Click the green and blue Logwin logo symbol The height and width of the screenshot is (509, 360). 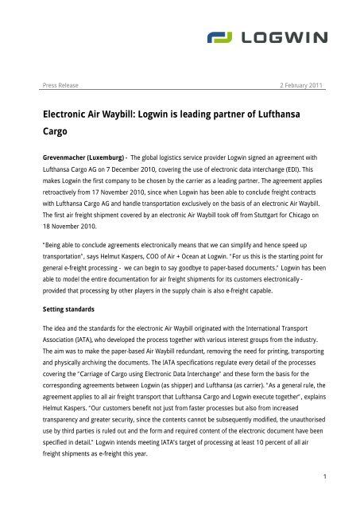pyautogui.click(x=226, y=37)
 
